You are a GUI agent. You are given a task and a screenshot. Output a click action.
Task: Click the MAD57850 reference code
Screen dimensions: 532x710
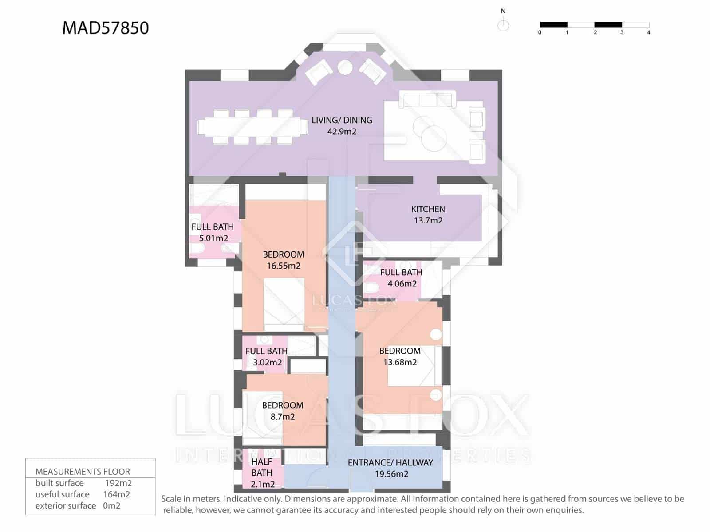106,28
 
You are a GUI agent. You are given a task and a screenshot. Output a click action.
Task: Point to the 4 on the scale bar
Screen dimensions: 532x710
648,32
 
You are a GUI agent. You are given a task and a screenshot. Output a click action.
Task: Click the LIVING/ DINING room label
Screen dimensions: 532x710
342,125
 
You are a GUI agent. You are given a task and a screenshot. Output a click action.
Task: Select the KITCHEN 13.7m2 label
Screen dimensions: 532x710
428,215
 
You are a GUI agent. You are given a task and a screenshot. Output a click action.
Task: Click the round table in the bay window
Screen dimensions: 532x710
345,67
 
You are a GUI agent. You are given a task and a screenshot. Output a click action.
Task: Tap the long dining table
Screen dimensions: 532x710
253,126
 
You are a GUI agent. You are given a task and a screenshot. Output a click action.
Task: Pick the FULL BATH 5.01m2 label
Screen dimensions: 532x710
213,232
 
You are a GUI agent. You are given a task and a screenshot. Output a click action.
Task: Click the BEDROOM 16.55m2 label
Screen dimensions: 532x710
283,260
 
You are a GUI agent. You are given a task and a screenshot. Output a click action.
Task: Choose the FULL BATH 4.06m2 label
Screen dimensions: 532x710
401,278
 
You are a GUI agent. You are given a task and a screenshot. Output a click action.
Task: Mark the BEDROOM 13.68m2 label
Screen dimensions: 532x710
400,356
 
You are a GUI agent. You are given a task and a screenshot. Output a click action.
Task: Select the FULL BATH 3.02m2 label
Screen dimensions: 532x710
266,356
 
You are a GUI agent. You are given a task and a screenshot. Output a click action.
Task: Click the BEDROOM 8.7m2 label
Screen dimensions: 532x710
282,411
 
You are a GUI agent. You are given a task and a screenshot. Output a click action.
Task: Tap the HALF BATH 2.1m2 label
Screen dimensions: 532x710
262,473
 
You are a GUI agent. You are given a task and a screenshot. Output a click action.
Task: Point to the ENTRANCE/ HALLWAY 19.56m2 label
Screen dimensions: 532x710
390,468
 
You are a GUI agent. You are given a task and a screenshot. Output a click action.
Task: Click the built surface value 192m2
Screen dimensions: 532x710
118,483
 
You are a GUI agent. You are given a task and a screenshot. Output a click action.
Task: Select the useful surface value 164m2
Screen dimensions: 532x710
116,494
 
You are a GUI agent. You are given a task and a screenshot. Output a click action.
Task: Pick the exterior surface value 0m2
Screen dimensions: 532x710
111,505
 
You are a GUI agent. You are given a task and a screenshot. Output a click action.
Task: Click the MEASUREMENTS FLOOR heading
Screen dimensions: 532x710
83,472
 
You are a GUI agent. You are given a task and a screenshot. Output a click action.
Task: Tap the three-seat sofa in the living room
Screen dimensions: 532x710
427,99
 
